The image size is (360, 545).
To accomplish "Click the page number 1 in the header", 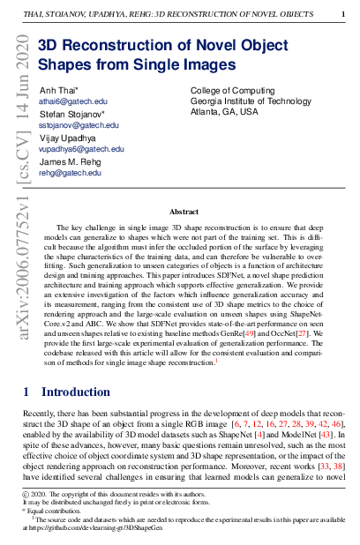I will pos(343,15).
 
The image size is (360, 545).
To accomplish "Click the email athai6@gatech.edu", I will pos(70,102).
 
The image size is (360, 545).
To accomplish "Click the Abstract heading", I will pos(184,212).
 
